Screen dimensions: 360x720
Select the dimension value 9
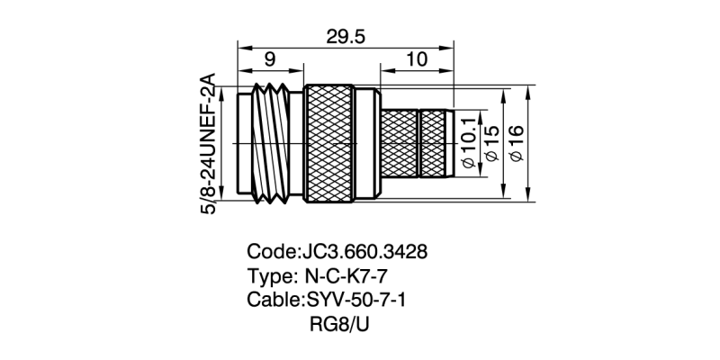[270, 60]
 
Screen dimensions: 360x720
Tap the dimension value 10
[416, 60]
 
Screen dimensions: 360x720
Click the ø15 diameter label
[491, 144]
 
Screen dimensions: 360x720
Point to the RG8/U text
[339, 321]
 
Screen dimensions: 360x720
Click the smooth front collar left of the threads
[245, 144]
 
